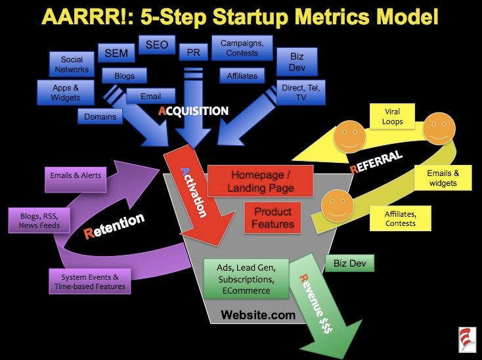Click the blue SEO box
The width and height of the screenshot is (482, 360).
[x=157, y=45]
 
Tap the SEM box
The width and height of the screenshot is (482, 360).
[x=116, y=53]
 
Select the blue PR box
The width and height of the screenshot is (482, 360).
[x=193, y=52]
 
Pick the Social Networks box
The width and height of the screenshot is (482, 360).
[x=72, y=64]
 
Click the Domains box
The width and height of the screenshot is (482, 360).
[x=100, y=116]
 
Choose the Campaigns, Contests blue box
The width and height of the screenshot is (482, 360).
[x=242, y=48]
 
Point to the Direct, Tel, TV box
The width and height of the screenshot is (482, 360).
[x=301, y=93]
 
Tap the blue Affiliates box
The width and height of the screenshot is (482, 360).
[x=242, y=76]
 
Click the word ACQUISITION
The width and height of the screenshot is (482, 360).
[x=193, y=111]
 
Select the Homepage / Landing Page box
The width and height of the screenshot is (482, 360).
[x=260, y=181]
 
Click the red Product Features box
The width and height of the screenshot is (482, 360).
[x=273, y=217]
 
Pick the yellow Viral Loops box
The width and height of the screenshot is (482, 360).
[x=392, y=116]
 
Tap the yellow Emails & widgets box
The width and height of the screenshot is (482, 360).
[x=443, y=177]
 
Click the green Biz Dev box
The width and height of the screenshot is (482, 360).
[x=350, y=263]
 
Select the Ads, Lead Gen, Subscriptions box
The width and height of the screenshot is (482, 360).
[x=246, y=279]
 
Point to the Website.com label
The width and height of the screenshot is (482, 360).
[x=258, y=315]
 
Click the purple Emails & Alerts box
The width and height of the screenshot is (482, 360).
[x=76, y=179]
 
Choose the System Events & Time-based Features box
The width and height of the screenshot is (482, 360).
[x=90, y=281]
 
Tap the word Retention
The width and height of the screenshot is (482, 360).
[x=114, y=225]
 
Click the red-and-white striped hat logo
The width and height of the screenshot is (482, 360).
[x=468, y=339]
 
